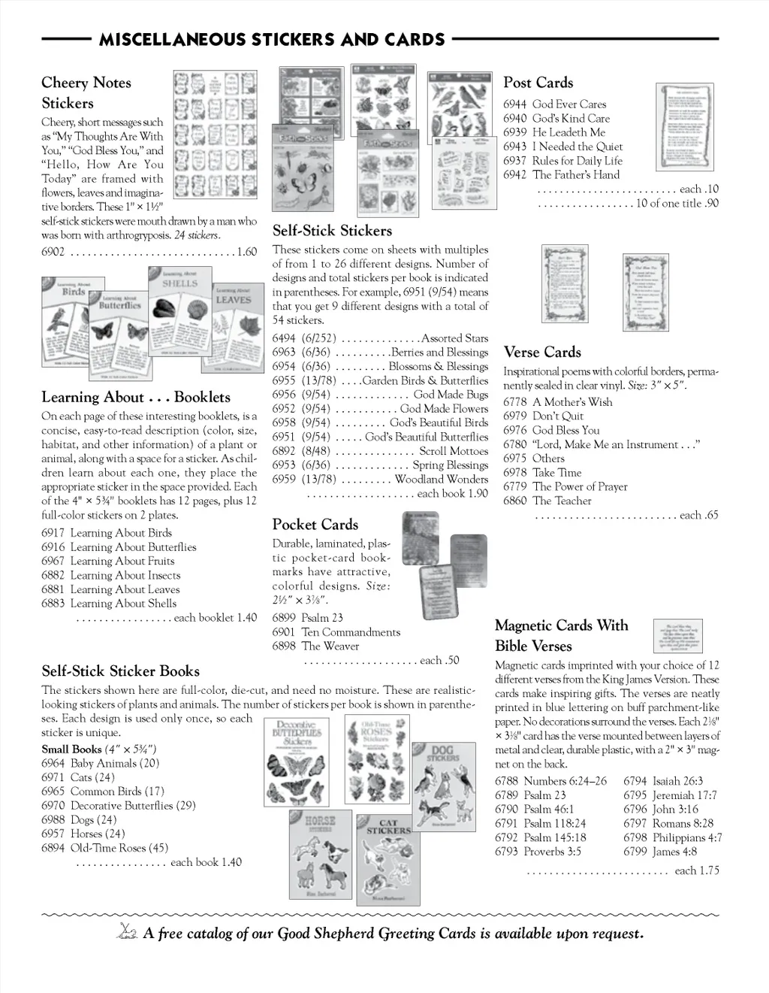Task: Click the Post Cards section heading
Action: point(538,83)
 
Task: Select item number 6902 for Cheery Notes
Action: point(53,252)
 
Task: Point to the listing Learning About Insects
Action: point(125,575)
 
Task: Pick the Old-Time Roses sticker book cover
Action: point(377,759)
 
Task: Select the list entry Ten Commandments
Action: point(351,632)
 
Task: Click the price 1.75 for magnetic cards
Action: point(707,870)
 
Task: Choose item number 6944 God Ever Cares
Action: point(515,104)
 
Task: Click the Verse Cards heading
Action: point(542,352)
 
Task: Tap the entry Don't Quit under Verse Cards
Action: point(558,416)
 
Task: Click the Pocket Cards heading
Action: point(315,525)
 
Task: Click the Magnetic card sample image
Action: point(677,635)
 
